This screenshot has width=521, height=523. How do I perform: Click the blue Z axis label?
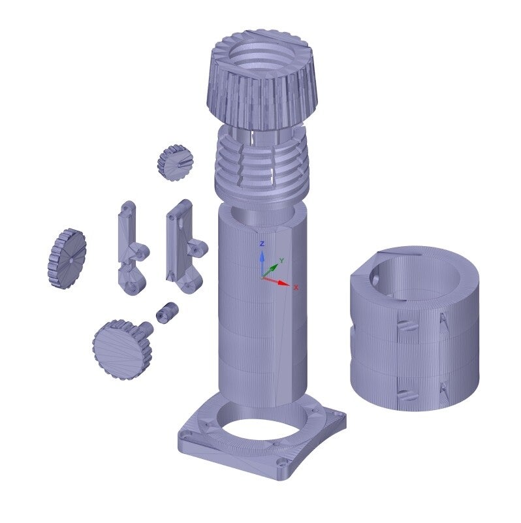[262, 244]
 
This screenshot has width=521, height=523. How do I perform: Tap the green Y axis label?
[281, 260]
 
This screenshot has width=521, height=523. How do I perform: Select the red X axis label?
[296, 287]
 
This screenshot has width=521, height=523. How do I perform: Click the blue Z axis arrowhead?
[262, 256]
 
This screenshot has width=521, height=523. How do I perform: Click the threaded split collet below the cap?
[262, 166]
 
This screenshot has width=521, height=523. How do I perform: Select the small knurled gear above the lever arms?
[176, 163]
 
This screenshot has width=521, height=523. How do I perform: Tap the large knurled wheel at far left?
[67, 258]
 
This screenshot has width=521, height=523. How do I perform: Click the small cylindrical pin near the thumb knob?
[167, 313]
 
